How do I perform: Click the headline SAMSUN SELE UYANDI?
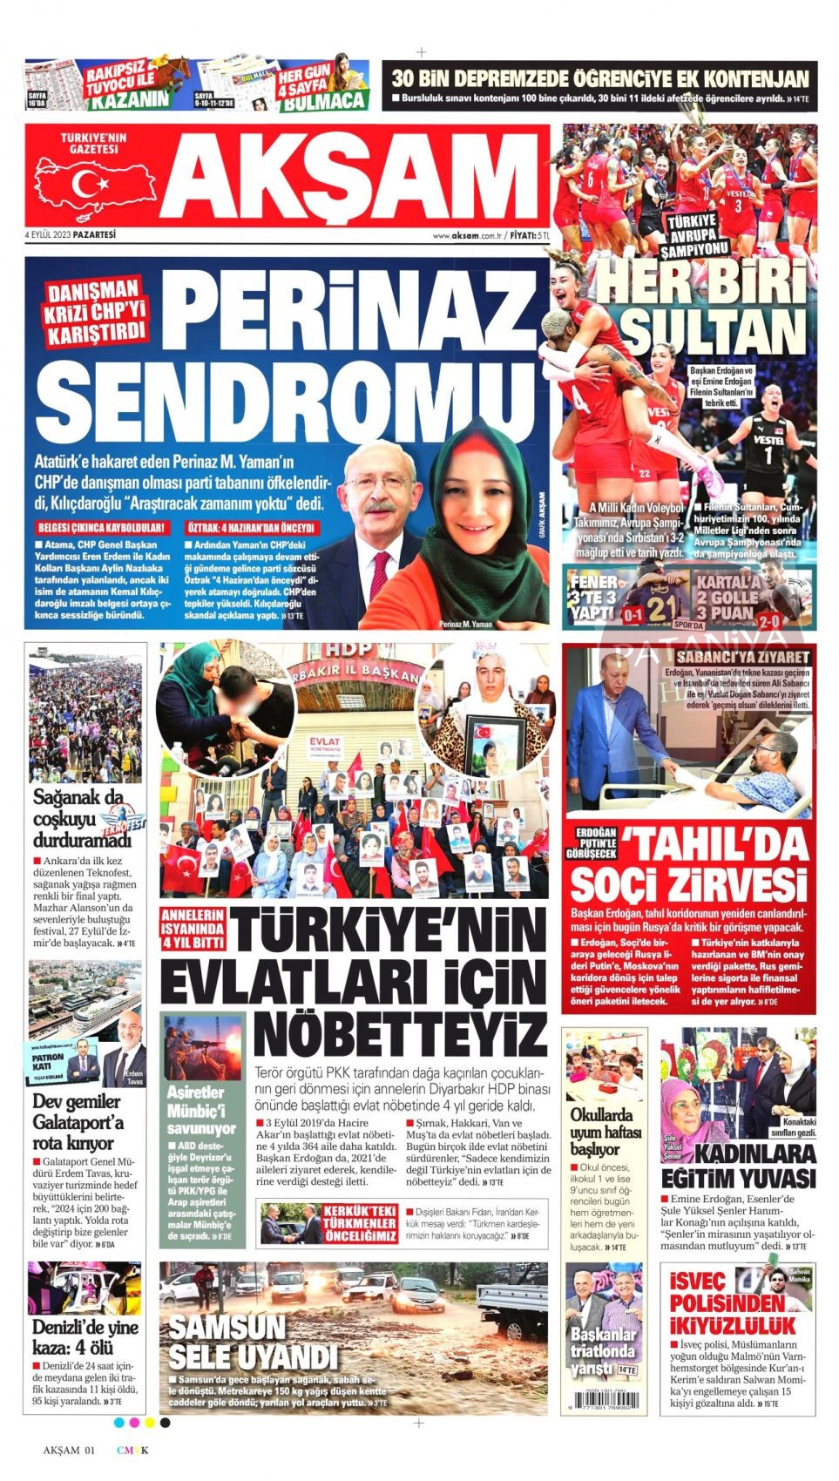(x=252, y=1342)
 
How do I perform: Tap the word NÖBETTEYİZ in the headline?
(x=400, y=1033)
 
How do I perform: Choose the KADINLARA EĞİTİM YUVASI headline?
(x=739, y=1166)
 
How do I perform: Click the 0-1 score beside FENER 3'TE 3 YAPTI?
(x=633, y=614)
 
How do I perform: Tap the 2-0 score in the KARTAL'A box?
(x=769, y=621)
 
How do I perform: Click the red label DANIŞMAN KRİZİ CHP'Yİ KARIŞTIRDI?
(x=94, y=312)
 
